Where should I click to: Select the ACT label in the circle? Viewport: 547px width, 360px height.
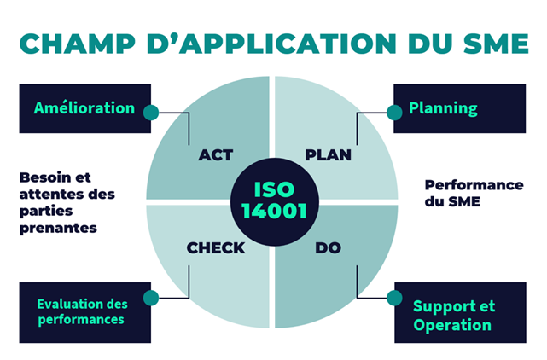click(x=215, y=155)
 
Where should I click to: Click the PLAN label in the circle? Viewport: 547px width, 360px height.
click(x=328, y=155)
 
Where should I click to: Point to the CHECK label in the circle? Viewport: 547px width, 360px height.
click(x=216, y=248)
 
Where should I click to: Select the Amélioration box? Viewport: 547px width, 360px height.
click(x=84, y=108)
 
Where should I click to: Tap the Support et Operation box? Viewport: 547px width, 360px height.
click(x=459, y=315)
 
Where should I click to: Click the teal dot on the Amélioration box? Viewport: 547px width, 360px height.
click(x=151, y=112)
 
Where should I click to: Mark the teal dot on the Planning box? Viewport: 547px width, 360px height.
click(x=394, y=112)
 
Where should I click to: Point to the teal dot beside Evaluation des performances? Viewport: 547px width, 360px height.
click(x=151, y=298)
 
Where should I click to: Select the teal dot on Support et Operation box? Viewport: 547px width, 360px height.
click(x=394, y=298)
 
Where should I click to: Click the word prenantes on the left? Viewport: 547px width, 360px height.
click(x=58, y=228)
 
